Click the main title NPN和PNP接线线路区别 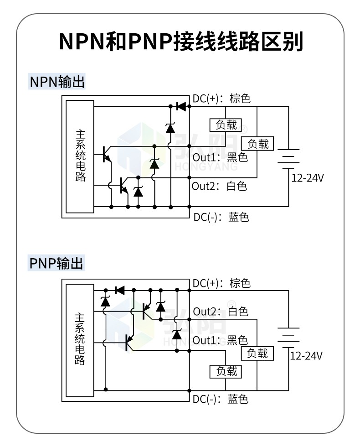coord(180,42)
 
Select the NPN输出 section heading coord(57,82)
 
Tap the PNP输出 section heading coord(57,263)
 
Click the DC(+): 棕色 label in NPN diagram coord(221,99)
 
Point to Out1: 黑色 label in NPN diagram coord(220,158)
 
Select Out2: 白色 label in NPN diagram coord(219,186)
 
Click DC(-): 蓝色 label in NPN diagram coord(221,217)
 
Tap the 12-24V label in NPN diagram coord(307,178)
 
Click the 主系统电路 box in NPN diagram coord(80,156)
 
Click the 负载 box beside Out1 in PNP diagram coord(257,353)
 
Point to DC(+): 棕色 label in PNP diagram coord(221,283)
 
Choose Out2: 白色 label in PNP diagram coord(221,312)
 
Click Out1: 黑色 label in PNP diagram coord(220,340)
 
